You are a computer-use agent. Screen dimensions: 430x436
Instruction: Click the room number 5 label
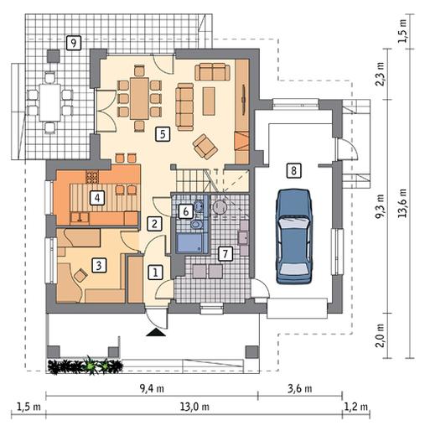(x=163, y=134)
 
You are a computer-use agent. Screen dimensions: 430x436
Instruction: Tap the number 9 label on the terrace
(x=74, y=43)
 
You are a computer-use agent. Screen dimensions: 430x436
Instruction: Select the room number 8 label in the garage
(x=293, y=170)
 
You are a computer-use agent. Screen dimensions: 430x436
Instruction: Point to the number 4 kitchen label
(x=97, y=198)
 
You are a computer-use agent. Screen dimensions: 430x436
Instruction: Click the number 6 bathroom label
(x=186, y=211)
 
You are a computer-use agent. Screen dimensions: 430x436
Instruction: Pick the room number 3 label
(x=99, y=265)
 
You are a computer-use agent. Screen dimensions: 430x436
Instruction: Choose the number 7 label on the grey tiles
(x=225, y=254)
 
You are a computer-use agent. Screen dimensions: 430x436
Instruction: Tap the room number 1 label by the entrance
(x=155, y=272)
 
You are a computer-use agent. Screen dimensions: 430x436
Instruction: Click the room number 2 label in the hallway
(x=154, y=223)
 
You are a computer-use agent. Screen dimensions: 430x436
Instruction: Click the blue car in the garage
(x=293, y=236)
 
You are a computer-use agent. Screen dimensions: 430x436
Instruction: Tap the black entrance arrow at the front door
(x=156, y=332)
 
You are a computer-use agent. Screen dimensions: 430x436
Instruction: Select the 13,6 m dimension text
(x=402, y=204)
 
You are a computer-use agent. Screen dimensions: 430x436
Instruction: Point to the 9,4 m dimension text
(x=152, y=389)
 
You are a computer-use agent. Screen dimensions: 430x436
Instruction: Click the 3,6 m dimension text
(x=300, y=389)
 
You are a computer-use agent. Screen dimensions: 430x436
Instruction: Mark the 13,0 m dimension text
(x=194, y=407)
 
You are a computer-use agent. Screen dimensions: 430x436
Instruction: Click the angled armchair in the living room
(x=205, y=147)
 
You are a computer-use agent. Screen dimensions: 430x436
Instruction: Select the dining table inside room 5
(x=139, y=99)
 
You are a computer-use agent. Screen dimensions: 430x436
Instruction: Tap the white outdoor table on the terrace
(x=50, y=102)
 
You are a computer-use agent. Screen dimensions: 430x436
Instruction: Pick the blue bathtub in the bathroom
(x=189, y=243)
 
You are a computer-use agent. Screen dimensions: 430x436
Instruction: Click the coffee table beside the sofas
(x=209, y=101)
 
